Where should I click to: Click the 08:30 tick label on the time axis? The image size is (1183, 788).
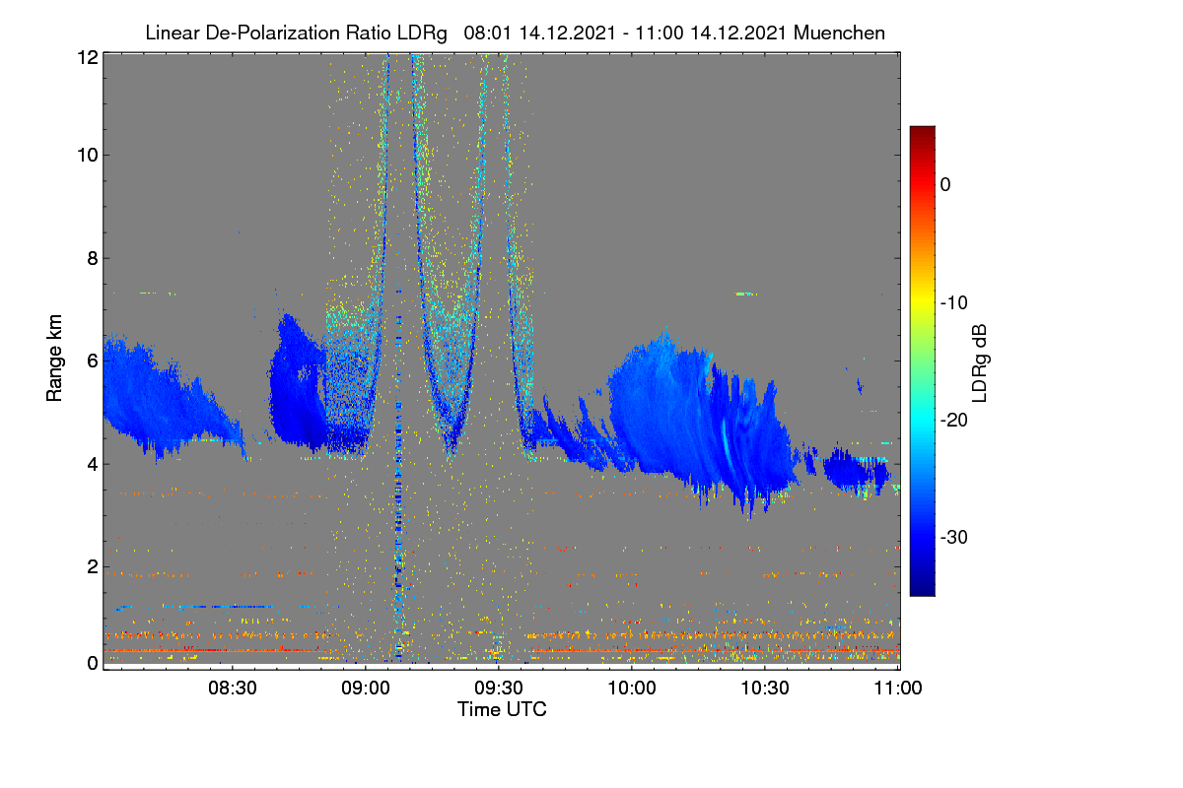click(x=233, y=689)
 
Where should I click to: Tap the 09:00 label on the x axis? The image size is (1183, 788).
click(x=366, y=689)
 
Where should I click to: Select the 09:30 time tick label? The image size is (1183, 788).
click(x=499, y=689)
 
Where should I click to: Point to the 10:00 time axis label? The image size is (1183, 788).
click(x=632, y=689)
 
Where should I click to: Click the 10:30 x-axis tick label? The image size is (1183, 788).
click(x=765, y=689)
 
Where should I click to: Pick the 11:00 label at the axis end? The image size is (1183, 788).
click(x=898, y=689)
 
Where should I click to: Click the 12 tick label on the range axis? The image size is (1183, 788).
click(x=88, y=57)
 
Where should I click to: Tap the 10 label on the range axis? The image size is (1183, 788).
click(x=88, y=156)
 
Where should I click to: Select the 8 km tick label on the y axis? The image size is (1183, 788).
click(x=93, y=258)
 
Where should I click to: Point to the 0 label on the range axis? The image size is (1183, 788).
click(x=93, y=663)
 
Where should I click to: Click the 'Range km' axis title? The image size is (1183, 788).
click(x=54, y=358)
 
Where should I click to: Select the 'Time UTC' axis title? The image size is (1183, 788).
click(x=502, y=709)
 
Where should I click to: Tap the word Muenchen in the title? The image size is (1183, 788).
click(x=839, y=33)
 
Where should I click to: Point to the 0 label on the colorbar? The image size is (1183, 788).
click(x=945, y=185)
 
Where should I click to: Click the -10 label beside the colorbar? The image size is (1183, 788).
click(x=954, y=303)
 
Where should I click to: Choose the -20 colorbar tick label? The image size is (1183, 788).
click(x=954, y=421)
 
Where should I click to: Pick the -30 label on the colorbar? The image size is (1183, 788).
click(x=954, y=537)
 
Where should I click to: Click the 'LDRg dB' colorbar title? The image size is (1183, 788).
click(x=980, y=363)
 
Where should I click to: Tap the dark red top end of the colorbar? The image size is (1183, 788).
click(x=922, y=128)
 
